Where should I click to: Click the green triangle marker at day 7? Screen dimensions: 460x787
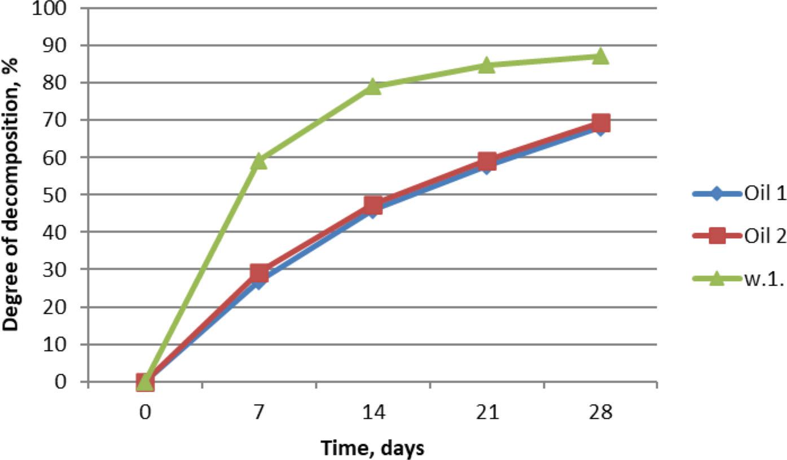coord(259,161)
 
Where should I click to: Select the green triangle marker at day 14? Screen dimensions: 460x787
coord(373,86)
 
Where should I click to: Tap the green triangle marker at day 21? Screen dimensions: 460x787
coord(487,65)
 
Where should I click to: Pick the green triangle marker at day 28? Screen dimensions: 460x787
coord(601,56)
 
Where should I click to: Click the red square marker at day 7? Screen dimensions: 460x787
coord(259,273)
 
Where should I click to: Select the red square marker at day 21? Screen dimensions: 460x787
coord(487,161)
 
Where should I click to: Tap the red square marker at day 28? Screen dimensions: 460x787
coord(601,122)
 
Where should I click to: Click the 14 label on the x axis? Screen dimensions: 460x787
coord(373,412)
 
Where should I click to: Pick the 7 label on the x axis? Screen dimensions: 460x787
coord(259,412)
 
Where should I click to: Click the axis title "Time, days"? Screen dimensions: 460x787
coord(372,448)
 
